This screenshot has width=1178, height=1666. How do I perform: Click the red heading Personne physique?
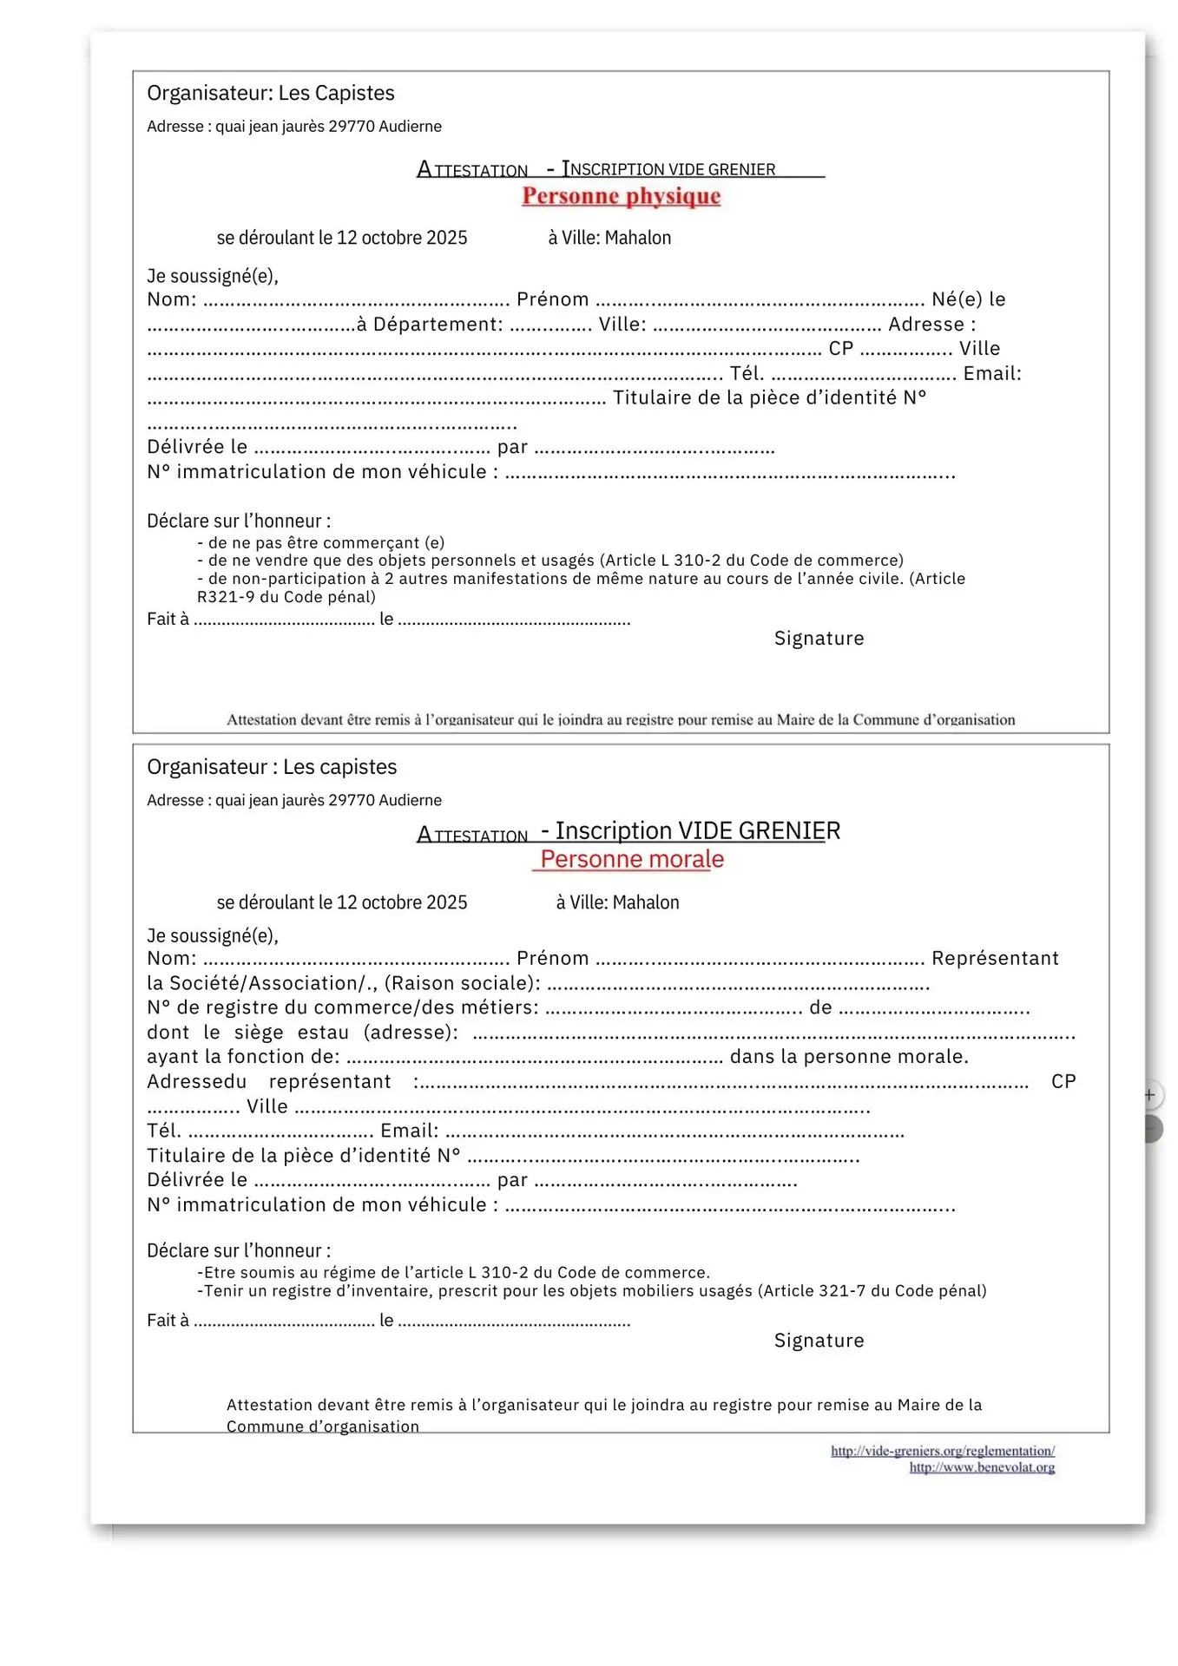[621, 196]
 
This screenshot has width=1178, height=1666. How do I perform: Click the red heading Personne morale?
[631, 859]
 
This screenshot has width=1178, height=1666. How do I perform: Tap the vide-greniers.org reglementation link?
[942, 1451]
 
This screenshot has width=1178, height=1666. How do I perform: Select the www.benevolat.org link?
[982, 1467]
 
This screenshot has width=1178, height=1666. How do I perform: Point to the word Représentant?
[995, 958]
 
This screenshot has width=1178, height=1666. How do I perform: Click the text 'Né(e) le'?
[968, 299]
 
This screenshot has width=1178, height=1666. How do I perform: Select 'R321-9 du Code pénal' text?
[286, 597]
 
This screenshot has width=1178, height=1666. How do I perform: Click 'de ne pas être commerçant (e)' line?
[326, 542]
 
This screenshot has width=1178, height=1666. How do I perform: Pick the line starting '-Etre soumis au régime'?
[453, 1272]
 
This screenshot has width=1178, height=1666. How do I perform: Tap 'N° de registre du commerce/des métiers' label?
[342, 1007]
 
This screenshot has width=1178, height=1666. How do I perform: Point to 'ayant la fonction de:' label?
[243, 1056]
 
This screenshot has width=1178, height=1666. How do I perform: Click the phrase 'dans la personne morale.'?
[849, 1056]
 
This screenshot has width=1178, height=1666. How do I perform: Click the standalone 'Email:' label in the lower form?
[410, 1131]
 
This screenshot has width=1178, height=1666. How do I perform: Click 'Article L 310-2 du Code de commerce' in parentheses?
[752, 561]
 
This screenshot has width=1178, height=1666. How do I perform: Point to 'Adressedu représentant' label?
[269, 1081]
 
